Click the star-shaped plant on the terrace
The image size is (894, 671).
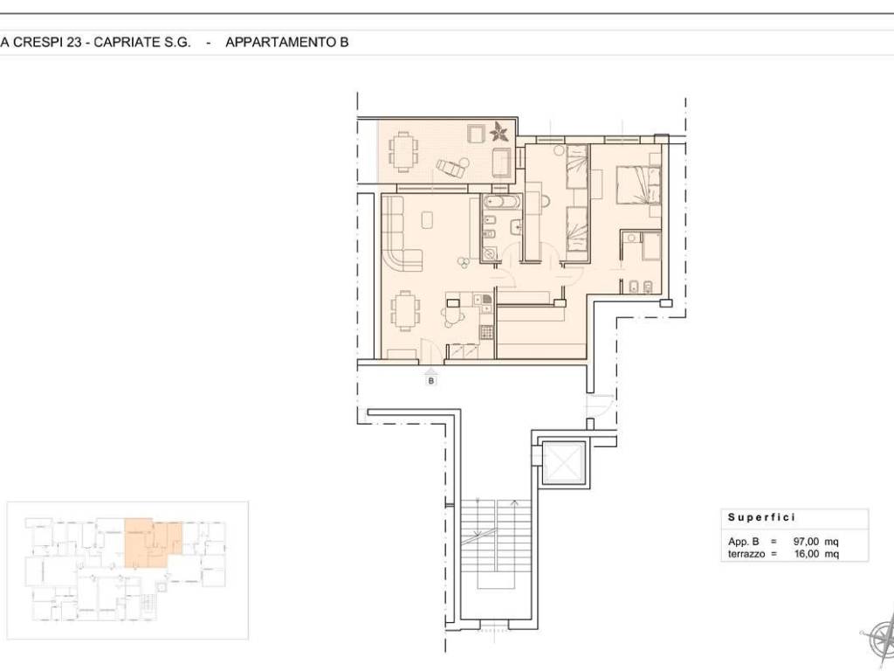500,133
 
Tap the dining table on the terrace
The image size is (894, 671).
403,151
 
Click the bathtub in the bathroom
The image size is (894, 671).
501,201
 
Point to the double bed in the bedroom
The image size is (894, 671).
638,183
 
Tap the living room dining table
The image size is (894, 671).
406,310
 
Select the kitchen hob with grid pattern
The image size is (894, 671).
486,332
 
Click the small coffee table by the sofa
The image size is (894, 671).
427,219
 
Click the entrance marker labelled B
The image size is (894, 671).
431,380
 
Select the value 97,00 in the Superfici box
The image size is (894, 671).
806,542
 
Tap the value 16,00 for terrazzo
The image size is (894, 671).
806,553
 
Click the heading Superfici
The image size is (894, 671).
761,517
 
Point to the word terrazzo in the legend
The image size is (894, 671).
746,553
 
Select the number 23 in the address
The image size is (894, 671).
74,42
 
